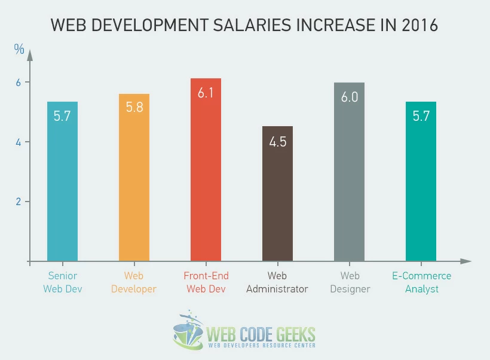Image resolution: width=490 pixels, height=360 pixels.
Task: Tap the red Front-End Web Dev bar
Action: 206,179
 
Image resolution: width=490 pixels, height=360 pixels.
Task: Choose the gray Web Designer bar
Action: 349,179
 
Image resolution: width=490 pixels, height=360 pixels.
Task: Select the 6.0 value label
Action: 349,97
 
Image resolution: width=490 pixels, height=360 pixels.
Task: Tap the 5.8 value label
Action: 134,108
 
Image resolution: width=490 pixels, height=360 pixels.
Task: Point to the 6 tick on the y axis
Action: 19,83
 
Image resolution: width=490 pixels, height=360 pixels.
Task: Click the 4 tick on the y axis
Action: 19,142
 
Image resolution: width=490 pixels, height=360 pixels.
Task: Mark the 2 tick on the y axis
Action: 19,202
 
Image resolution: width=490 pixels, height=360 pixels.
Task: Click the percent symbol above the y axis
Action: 19,50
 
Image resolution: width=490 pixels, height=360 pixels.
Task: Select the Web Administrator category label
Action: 277,282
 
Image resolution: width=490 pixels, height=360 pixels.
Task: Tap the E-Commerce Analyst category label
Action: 421,282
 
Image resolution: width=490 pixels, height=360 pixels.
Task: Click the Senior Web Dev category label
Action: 62,282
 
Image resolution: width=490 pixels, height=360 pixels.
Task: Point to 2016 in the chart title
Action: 419,25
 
